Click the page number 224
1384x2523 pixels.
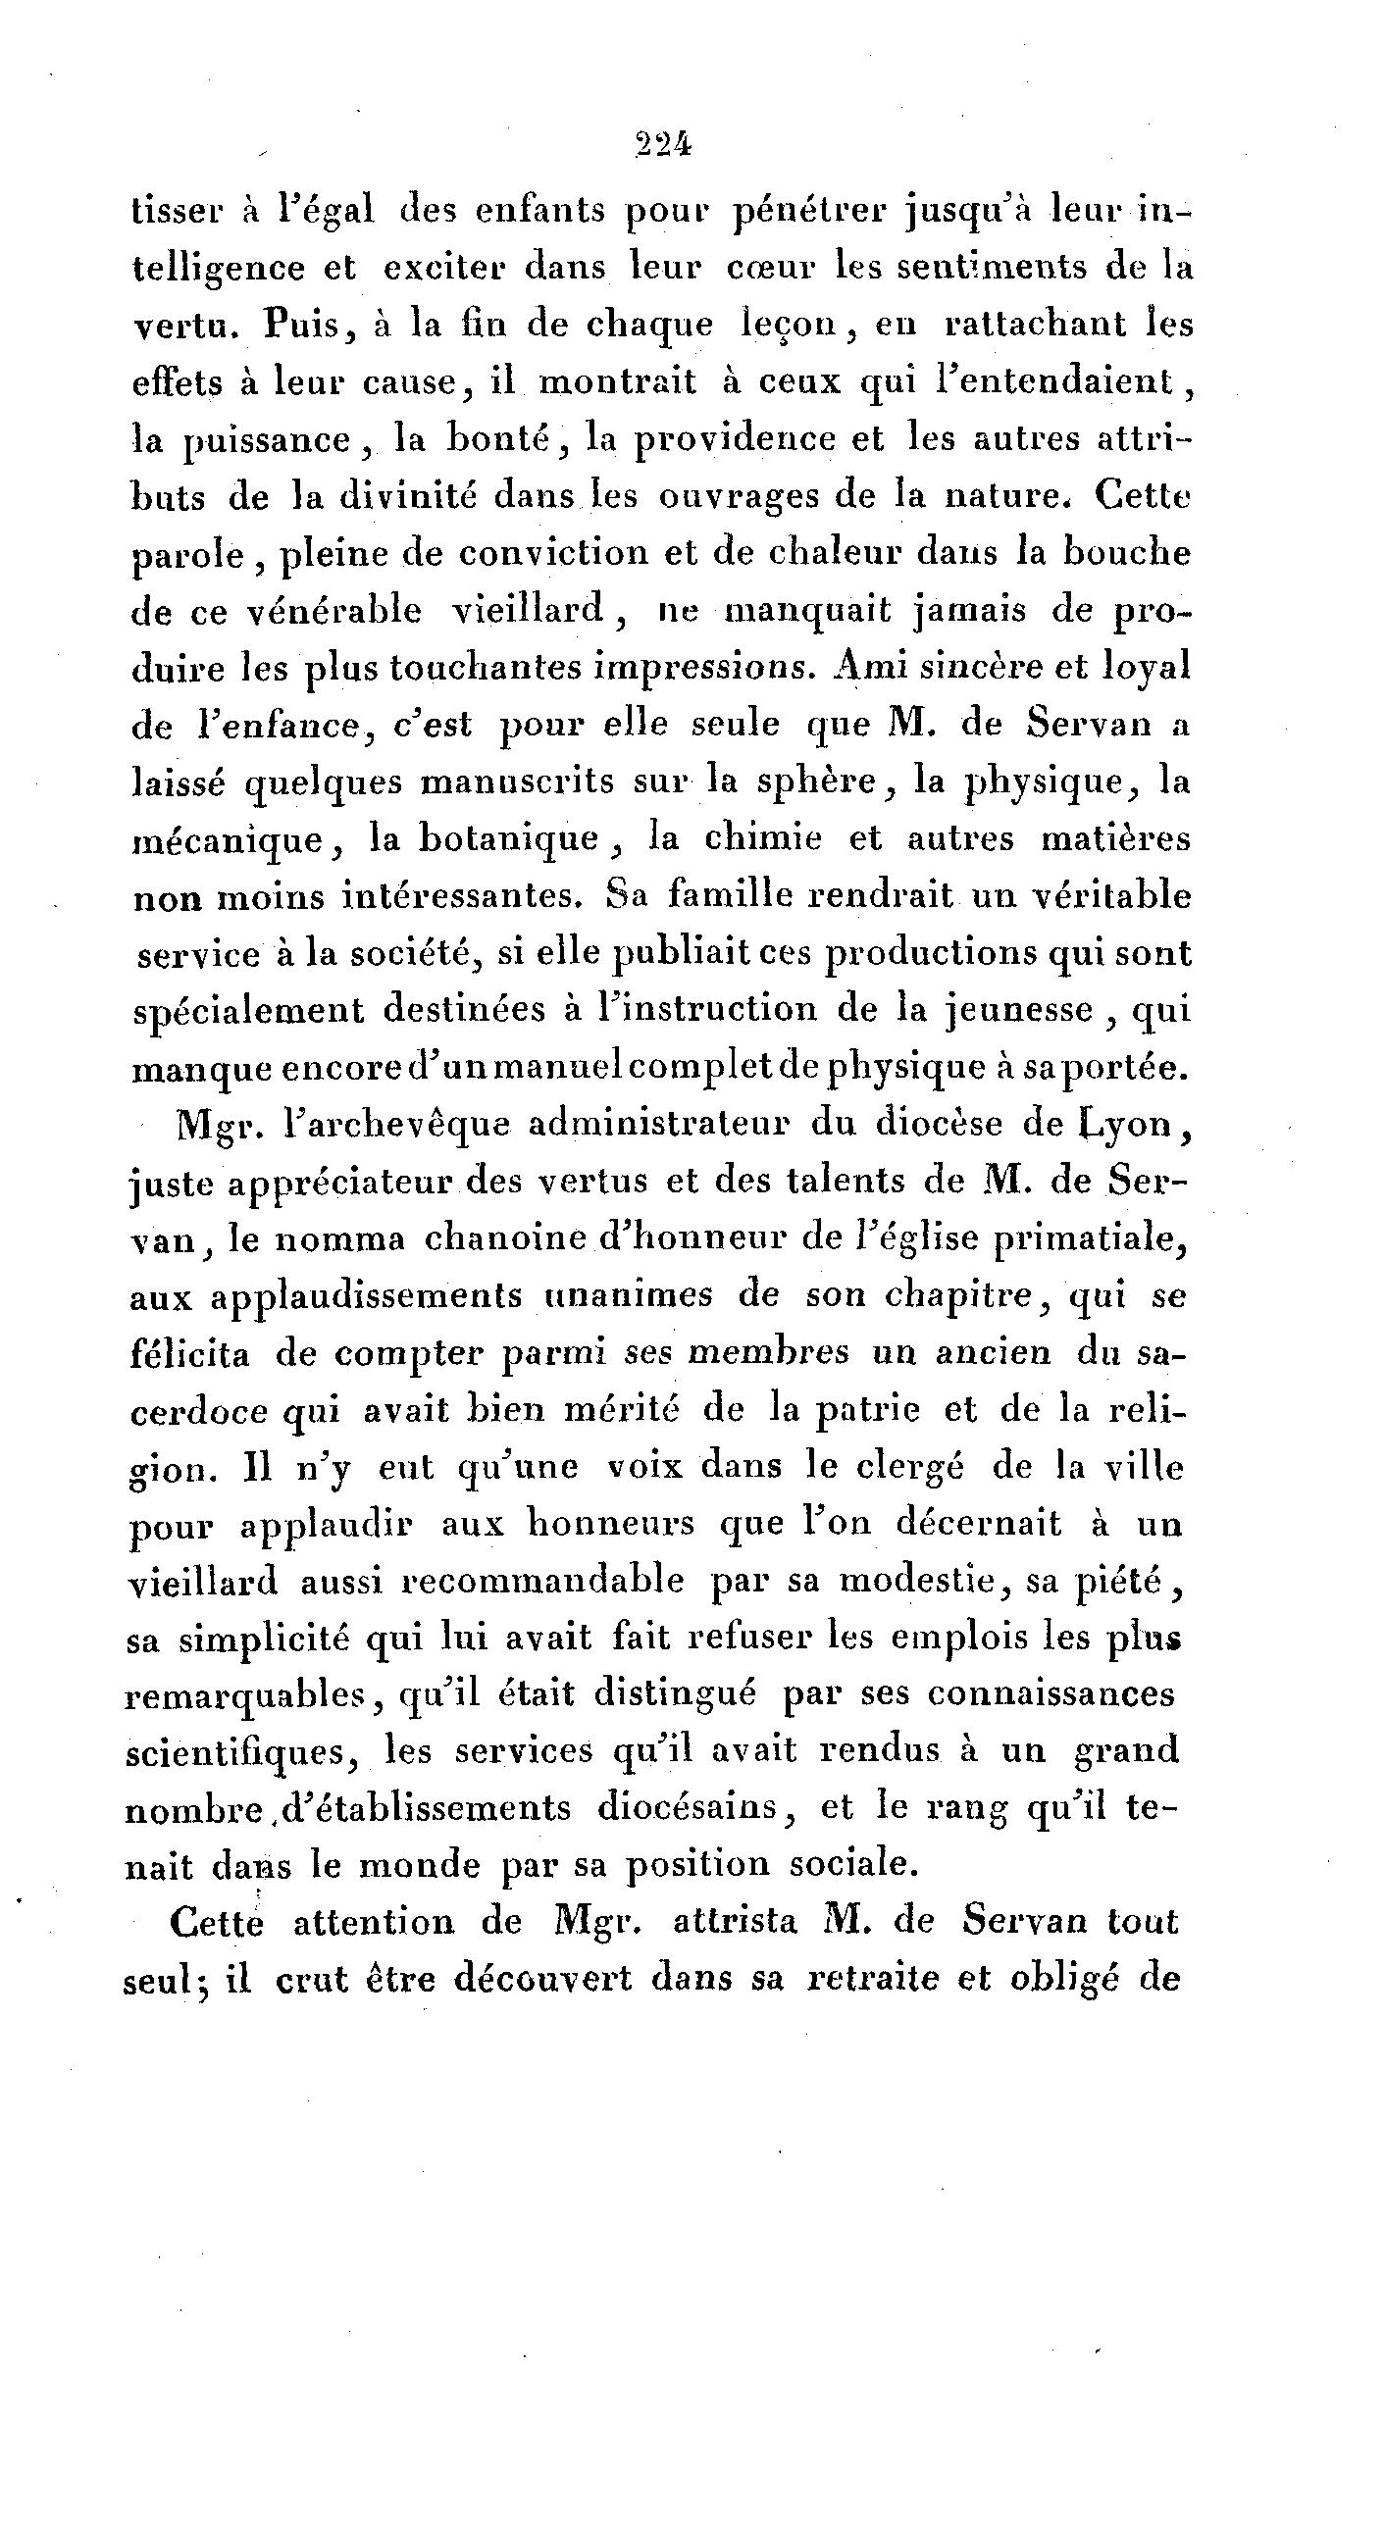pos(663,146)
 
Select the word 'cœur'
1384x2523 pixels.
pos(770,268)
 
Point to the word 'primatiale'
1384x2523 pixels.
pos(1092,1239)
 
